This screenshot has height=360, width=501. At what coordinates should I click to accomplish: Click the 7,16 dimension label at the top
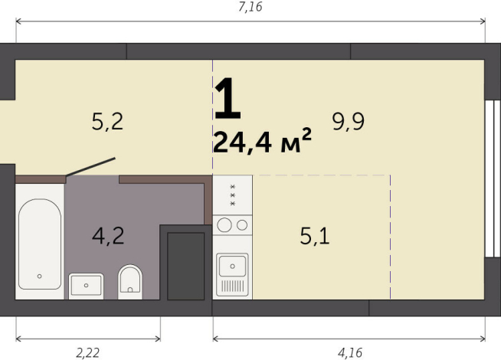click(x=250, y=8)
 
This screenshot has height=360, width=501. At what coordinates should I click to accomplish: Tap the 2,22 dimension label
click(x=87, y=352)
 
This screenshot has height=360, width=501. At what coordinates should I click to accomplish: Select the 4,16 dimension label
click(x=350, y=352)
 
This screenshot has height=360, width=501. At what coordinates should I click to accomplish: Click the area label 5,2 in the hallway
click(x=107, y=121)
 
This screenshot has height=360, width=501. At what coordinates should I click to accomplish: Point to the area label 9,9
click(x=347, y=121)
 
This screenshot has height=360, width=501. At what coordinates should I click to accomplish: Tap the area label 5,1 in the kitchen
click(x=314, y=236)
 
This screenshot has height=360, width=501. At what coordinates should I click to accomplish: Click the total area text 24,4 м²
click(x=263, y=142)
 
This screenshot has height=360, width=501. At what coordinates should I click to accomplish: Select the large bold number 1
click(x=228, y=99)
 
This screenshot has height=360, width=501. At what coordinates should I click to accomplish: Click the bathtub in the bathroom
click(x=38, y=244)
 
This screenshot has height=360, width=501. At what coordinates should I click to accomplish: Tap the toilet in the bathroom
click(x=131, y=281)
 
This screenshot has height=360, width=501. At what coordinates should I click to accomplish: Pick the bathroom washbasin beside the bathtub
click(x=86, y=285)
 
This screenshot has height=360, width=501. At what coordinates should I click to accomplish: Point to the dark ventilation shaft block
click(x=185, y=265)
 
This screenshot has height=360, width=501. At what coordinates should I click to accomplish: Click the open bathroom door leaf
click(x=90, y=168)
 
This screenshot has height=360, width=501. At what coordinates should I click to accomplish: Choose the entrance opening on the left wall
click(x=6, y=131)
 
